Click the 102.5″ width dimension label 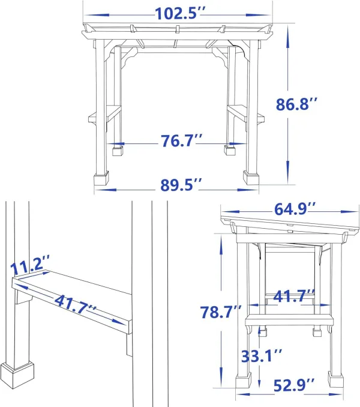click(180, 13)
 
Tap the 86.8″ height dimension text click(296, 104)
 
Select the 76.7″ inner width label click(181, 140)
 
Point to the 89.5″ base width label click(181, 185)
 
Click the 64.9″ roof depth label click(295, 209)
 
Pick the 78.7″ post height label click(221, 312)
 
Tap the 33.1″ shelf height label click(262, 355)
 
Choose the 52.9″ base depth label click(294, 385)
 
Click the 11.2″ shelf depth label click(30, 265)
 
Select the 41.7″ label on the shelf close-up click(75, 304)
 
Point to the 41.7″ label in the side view click(294, 296)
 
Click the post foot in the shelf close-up click(17, 375)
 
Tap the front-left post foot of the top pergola click(101, 178)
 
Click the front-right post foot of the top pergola click(251, 178)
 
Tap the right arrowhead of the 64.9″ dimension click(350, 212)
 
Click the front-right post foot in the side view click(335, 378)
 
